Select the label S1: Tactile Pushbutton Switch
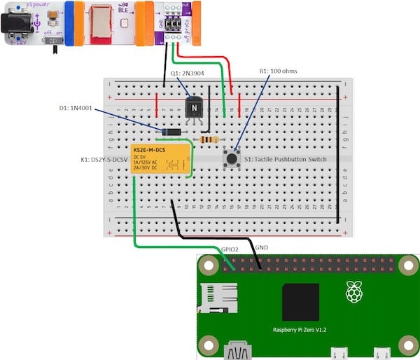pos(286,160)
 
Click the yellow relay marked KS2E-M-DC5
pos(159,160)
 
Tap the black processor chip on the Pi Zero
pos(300,303)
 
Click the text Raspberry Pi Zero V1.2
pos(301,329)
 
